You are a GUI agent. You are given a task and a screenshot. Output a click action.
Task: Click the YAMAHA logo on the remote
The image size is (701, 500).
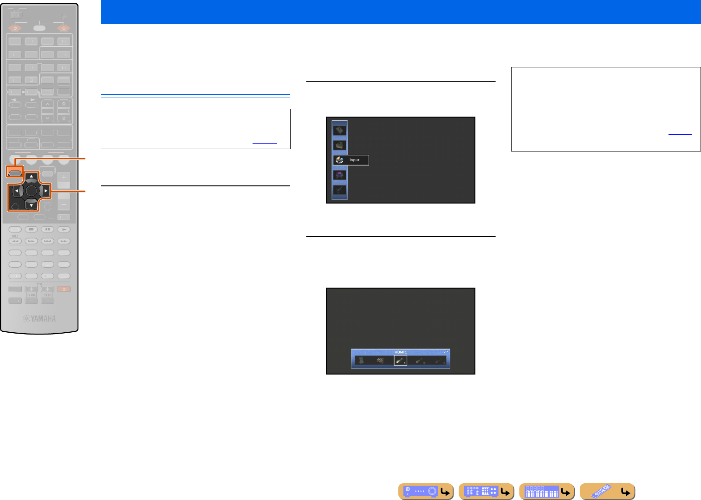pos(40,319)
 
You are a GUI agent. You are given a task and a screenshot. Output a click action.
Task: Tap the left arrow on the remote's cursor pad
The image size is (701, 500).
pos(16,191)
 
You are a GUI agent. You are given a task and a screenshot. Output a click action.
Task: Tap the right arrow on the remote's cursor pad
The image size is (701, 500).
pos(46,191)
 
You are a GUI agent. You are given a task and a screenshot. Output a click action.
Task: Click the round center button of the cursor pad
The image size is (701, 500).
pos(31,191)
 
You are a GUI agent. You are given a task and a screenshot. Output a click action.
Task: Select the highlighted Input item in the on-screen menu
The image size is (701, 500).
pos(351,160)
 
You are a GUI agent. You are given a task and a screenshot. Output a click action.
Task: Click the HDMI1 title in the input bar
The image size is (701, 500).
pos(400,352)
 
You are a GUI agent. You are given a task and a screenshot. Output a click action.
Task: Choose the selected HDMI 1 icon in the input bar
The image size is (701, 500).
pos(400,360)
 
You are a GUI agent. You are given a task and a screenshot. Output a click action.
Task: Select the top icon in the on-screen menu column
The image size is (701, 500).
pos(339,131)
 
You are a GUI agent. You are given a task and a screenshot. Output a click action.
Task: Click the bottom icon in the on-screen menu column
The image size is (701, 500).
pos(339,190)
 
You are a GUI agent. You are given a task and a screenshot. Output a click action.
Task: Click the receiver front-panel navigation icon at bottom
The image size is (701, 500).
pos(426,491)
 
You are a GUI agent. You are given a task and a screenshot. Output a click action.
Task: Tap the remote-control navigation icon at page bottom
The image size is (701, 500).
pos(607,491)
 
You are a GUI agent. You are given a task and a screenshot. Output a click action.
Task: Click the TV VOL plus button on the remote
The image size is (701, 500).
pos(31,289)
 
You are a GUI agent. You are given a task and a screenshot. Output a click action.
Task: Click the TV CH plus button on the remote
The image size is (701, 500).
pos(47,289)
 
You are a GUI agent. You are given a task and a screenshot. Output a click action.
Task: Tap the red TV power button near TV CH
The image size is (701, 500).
pos(64,289)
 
